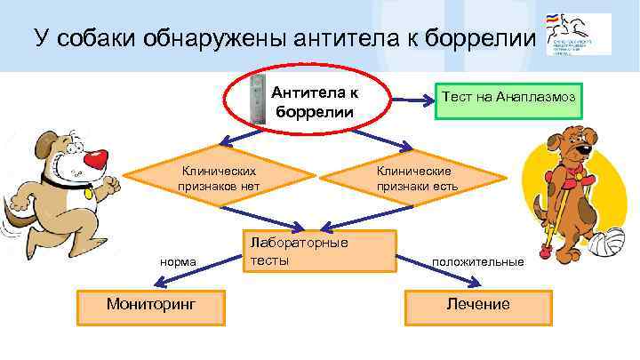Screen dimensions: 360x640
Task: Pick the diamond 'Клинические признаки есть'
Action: [413, 178]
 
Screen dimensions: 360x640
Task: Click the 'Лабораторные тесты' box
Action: [318, 252]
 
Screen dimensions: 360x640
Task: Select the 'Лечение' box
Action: [477, 305]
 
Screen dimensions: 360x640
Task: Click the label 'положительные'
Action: [477, 262]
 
